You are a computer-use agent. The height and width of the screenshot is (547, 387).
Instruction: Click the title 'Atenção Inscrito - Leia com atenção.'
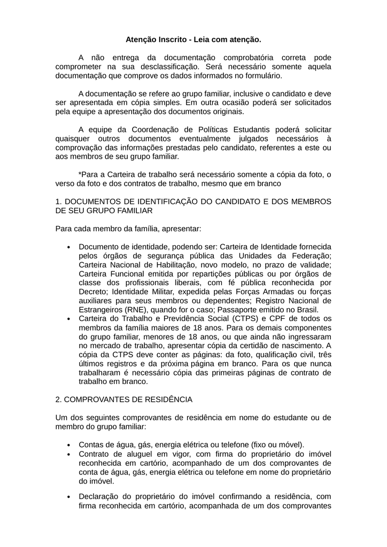(193, 40)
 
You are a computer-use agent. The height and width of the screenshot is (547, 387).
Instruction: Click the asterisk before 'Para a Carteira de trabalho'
(80, 175)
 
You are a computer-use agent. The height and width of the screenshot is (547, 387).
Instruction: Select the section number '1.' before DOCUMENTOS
(59, 202)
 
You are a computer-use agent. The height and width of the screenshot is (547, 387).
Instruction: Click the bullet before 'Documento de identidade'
(69, 247)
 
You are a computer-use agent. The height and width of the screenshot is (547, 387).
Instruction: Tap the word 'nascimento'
(307, 346)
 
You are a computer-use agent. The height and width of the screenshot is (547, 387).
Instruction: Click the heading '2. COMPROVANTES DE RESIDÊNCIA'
(124, 400)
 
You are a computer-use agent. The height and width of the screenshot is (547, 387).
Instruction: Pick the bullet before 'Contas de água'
(69, 446)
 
